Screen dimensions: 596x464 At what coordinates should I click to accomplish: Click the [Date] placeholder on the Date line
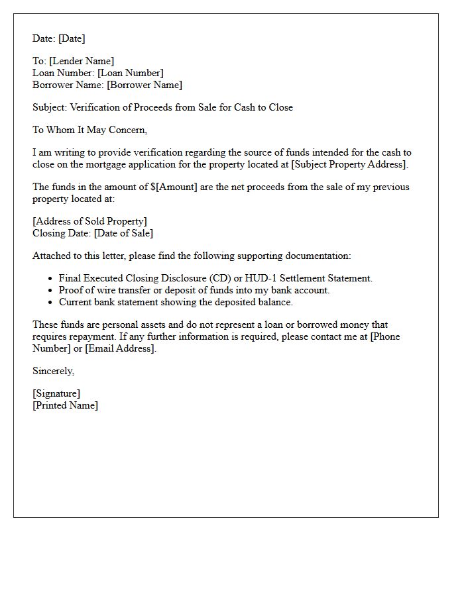(x=72, y=38)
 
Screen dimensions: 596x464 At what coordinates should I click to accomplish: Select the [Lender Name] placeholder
(x=81, y=61)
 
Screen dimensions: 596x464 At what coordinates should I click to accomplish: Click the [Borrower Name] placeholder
(x=145, y=85)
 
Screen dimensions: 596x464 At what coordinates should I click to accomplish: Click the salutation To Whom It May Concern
(x=89, y=130)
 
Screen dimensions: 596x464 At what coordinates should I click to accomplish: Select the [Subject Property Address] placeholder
(x=349, y=164)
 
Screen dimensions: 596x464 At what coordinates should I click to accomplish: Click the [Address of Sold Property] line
(x=89, y=221)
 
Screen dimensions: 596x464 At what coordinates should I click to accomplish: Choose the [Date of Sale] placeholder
(x=123, y=233)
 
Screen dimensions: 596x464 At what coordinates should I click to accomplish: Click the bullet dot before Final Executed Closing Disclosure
(x=50, y=279)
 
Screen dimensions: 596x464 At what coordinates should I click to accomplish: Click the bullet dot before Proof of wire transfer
(x=50, y=291)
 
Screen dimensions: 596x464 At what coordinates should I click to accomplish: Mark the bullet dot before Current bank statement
(x=50, y=303)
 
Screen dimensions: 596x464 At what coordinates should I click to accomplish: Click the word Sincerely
(x=53, y=371)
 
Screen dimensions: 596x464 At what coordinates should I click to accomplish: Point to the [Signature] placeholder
(x=56, y=393)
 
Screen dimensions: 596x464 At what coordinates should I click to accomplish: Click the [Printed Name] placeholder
(x=65, y=405)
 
